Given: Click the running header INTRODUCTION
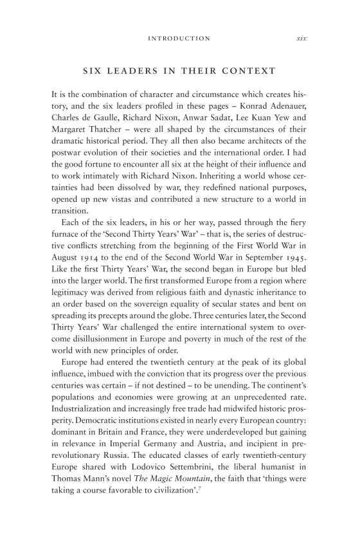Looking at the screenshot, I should [x=179, y=39].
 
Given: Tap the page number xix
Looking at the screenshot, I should [x=301, y=39].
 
